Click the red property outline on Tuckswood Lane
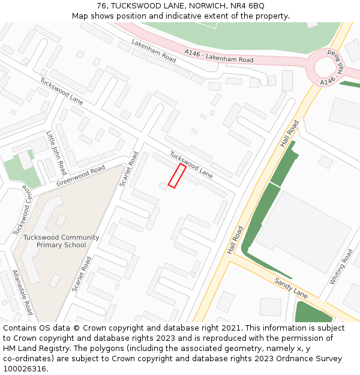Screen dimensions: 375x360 [x=176, y=176]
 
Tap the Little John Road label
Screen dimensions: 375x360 [x=56, y=152]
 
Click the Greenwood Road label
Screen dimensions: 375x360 [x=80, y=175]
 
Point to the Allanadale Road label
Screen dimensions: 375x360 [x=23, y=292]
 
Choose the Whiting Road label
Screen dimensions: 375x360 [x=341, y=267]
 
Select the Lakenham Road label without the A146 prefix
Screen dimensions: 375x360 [x=154, y=51]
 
